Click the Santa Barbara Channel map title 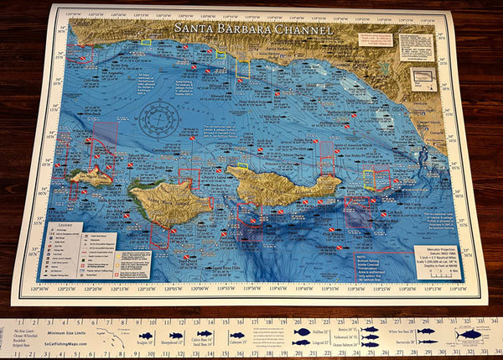[253, 28]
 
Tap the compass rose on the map [158, 120]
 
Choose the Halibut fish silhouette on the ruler [302, 332]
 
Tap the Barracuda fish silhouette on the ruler [428, 342]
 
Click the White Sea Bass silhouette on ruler [427, 331]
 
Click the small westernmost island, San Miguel [91, 176]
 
